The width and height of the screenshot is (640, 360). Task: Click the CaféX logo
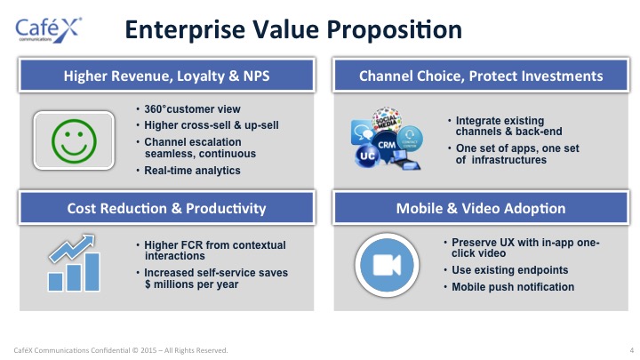point(48,30)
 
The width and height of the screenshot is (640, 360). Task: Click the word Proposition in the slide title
point(395,30)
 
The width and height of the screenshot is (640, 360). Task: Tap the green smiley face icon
point(74,141)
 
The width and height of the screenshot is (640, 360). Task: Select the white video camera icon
point(387,265)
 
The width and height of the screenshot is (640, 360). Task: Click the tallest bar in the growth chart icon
point(92,272)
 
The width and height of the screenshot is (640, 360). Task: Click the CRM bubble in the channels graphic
point(386,145)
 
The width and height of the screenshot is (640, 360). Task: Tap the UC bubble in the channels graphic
point(367,156)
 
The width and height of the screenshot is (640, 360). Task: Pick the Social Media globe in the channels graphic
point(386,119)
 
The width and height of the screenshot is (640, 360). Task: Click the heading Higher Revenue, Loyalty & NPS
point(166,76)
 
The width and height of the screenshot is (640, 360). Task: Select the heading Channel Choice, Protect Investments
point(481,76)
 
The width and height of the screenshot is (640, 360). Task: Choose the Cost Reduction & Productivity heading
point(166,208)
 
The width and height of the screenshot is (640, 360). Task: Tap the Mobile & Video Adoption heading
point(481,208)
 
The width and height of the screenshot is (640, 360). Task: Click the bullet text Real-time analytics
point(192,170)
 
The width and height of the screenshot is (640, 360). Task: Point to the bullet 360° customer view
point(192,109)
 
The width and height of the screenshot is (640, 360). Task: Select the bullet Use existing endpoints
point(510,270)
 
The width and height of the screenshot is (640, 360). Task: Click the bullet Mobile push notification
point(513,287)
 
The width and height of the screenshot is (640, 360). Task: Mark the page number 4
point(631,350)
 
